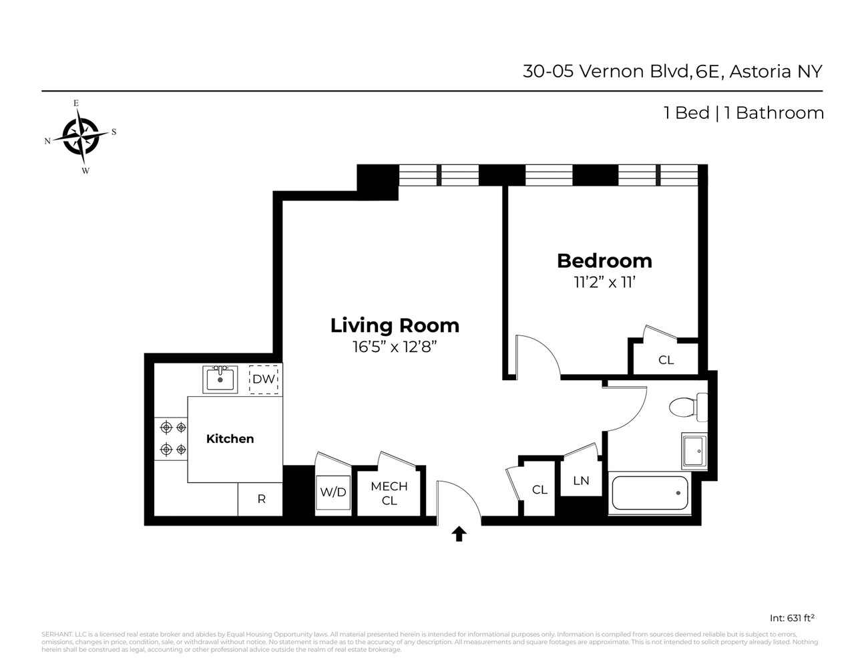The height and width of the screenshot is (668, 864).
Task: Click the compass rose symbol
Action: (81, 136)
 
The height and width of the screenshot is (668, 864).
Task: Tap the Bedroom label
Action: (604, 261)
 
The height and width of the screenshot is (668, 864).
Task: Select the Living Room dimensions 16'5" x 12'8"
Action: (395, 347)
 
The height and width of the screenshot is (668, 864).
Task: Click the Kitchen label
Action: (230, 439)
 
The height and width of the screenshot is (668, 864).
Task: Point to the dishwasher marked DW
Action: (264, 379)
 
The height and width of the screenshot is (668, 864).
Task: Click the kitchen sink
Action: (220, 379)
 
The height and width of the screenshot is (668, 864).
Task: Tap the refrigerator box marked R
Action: (261, 499)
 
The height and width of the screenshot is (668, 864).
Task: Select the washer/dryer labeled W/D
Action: (333, 492)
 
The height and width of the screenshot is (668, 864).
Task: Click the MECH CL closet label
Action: (389, 493)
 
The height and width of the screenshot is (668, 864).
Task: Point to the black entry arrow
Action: (459, 533)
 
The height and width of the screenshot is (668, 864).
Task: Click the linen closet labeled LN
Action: (581, 480)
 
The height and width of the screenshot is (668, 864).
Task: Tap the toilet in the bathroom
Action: (687, 407)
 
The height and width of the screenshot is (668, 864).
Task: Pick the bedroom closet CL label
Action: (666, 360)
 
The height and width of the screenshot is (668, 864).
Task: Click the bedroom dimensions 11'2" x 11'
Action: (604, 282)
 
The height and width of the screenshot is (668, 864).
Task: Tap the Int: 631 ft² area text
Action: (792, 618)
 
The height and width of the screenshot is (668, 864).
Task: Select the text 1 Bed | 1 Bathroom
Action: (743, 113)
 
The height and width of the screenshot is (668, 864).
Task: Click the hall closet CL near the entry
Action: (539, 490)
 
